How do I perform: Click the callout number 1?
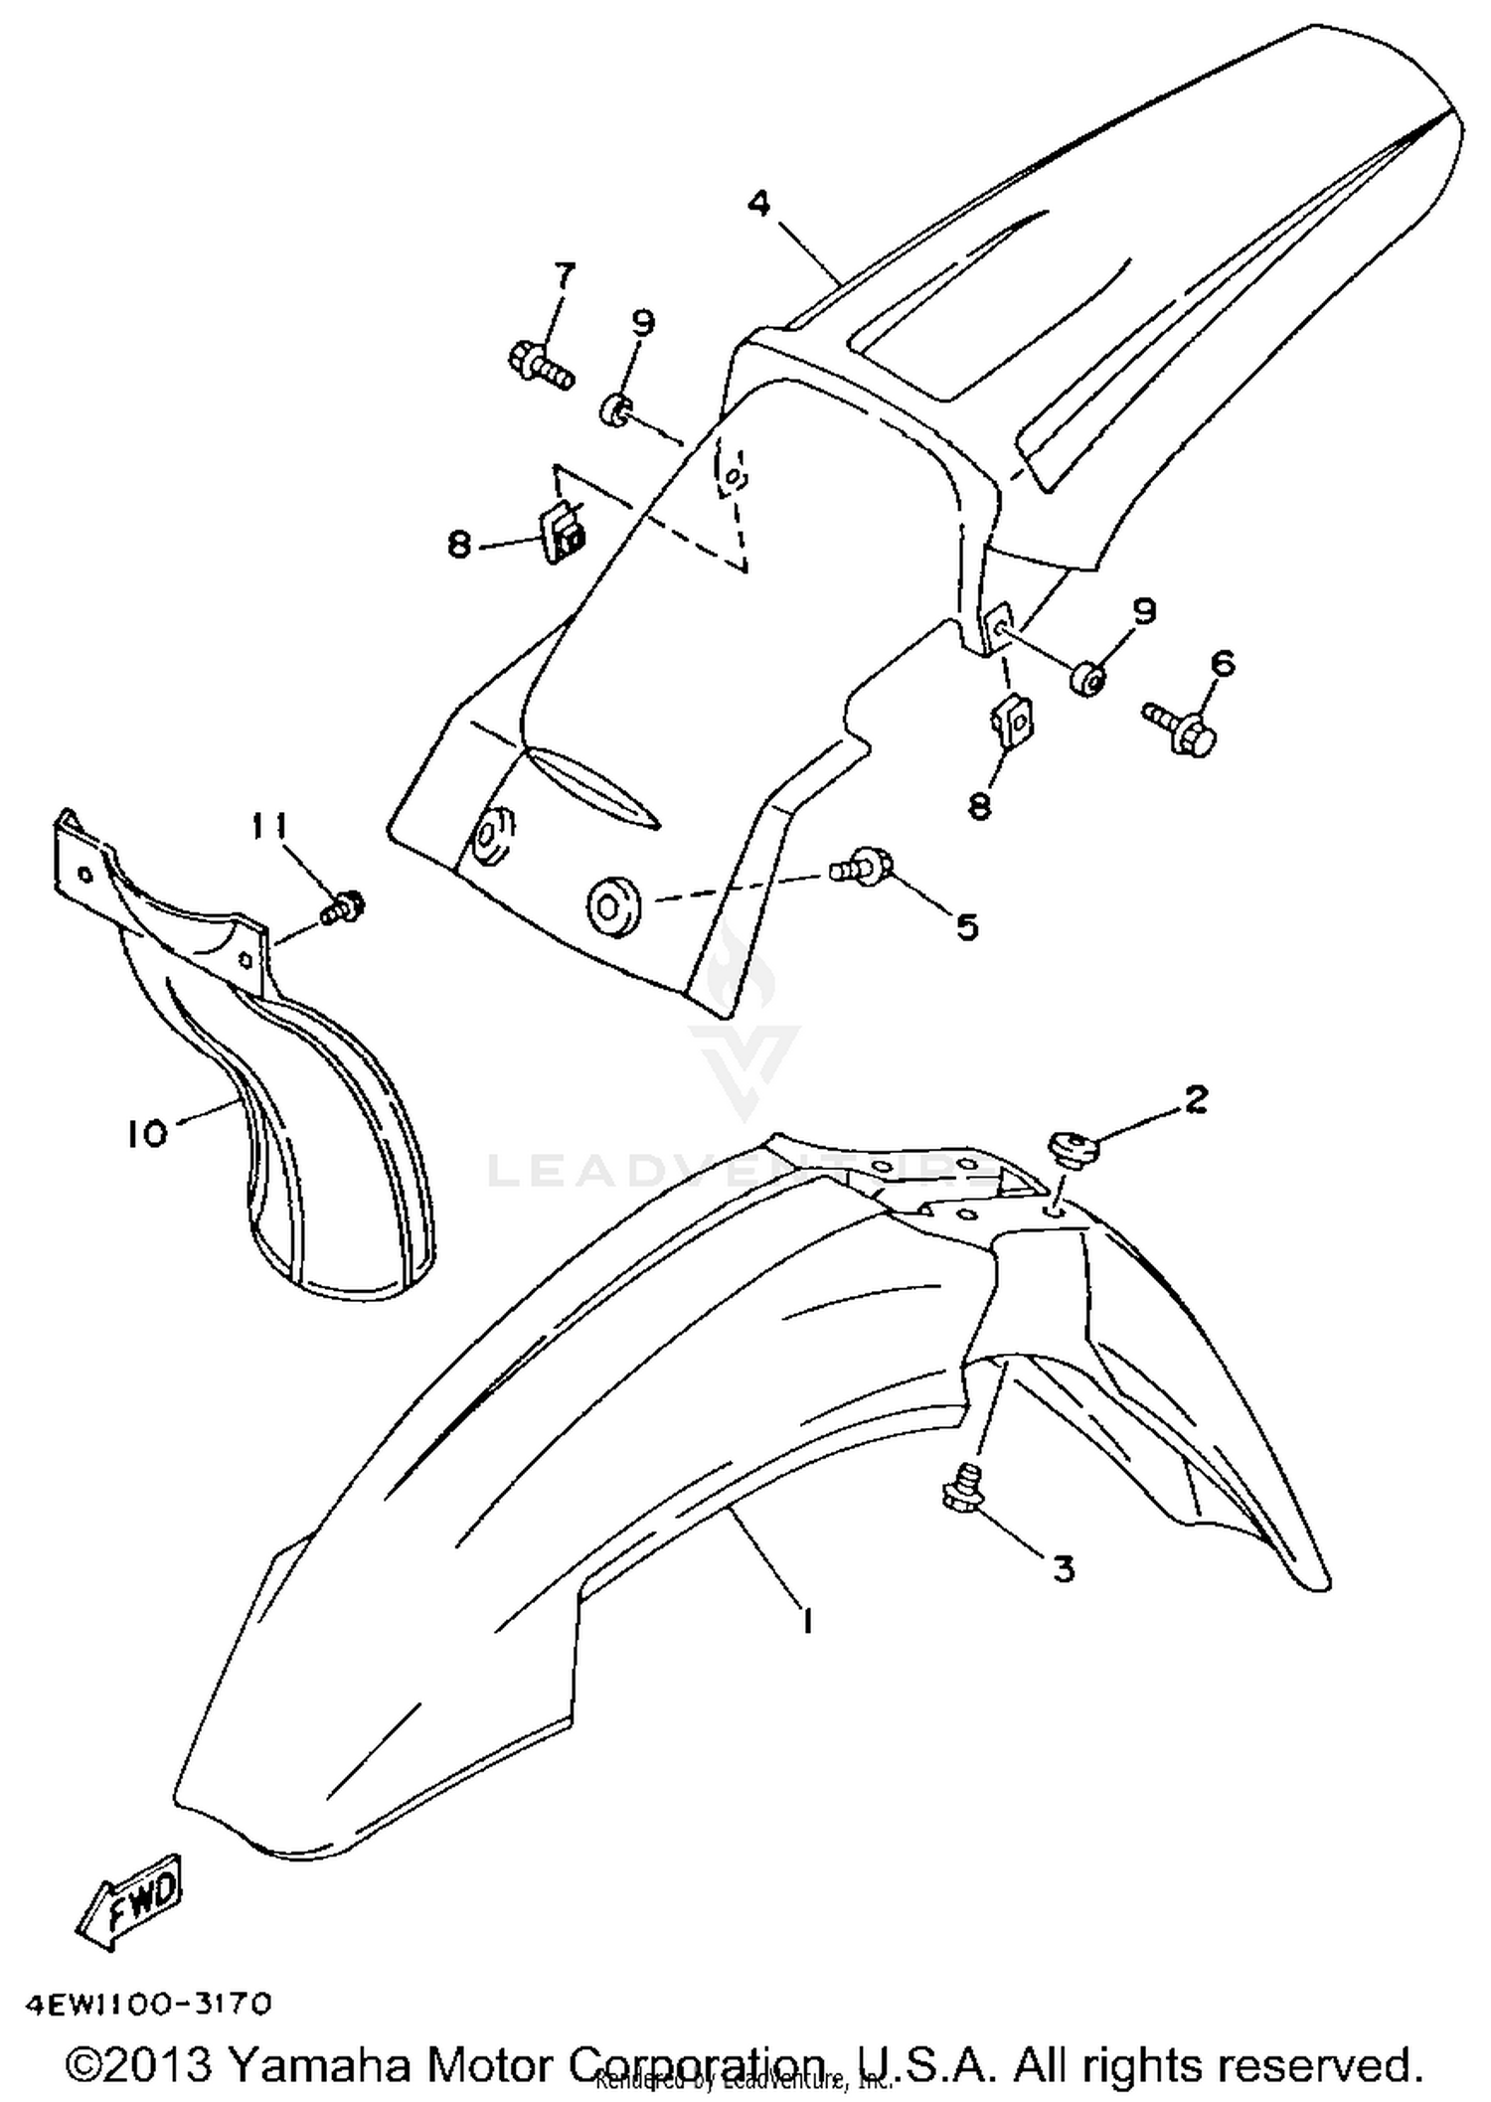pyautogui.click(x=806, y=1623)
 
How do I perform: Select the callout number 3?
pyautogui.click(x=1064, y=1568)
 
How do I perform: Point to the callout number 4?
pyautogui.click(x=759, y=204)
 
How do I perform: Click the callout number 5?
pyautogui.click(x=966, y=926)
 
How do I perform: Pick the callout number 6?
pyautogui.click(x=1222, y=663)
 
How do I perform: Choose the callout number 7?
pyautogui.click(x=564, y=275)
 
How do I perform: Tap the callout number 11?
pyautogui.click(x=269, y=826)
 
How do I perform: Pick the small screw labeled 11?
pyautogui.click(x=343, y=908)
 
